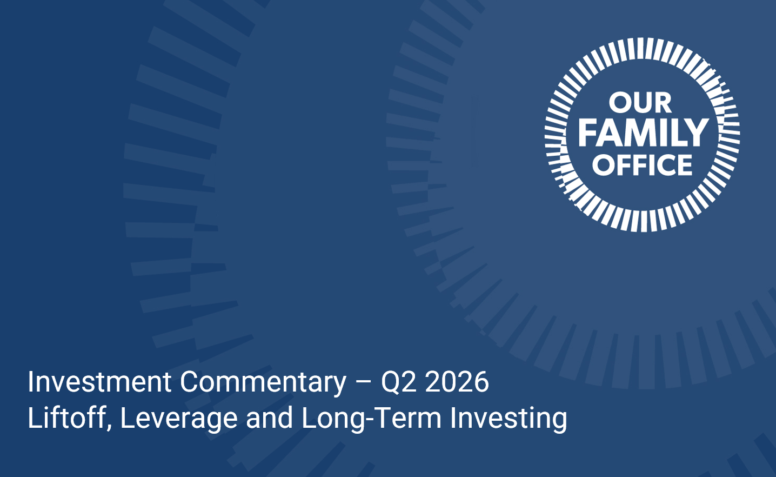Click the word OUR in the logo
point(640,103)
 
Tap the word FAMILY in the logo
point(643,132)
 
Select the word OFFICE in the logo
point(643,164)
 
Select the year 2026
point(457,382)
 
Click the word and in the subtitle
point(269,418)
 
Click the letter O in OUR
point(619,103)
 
